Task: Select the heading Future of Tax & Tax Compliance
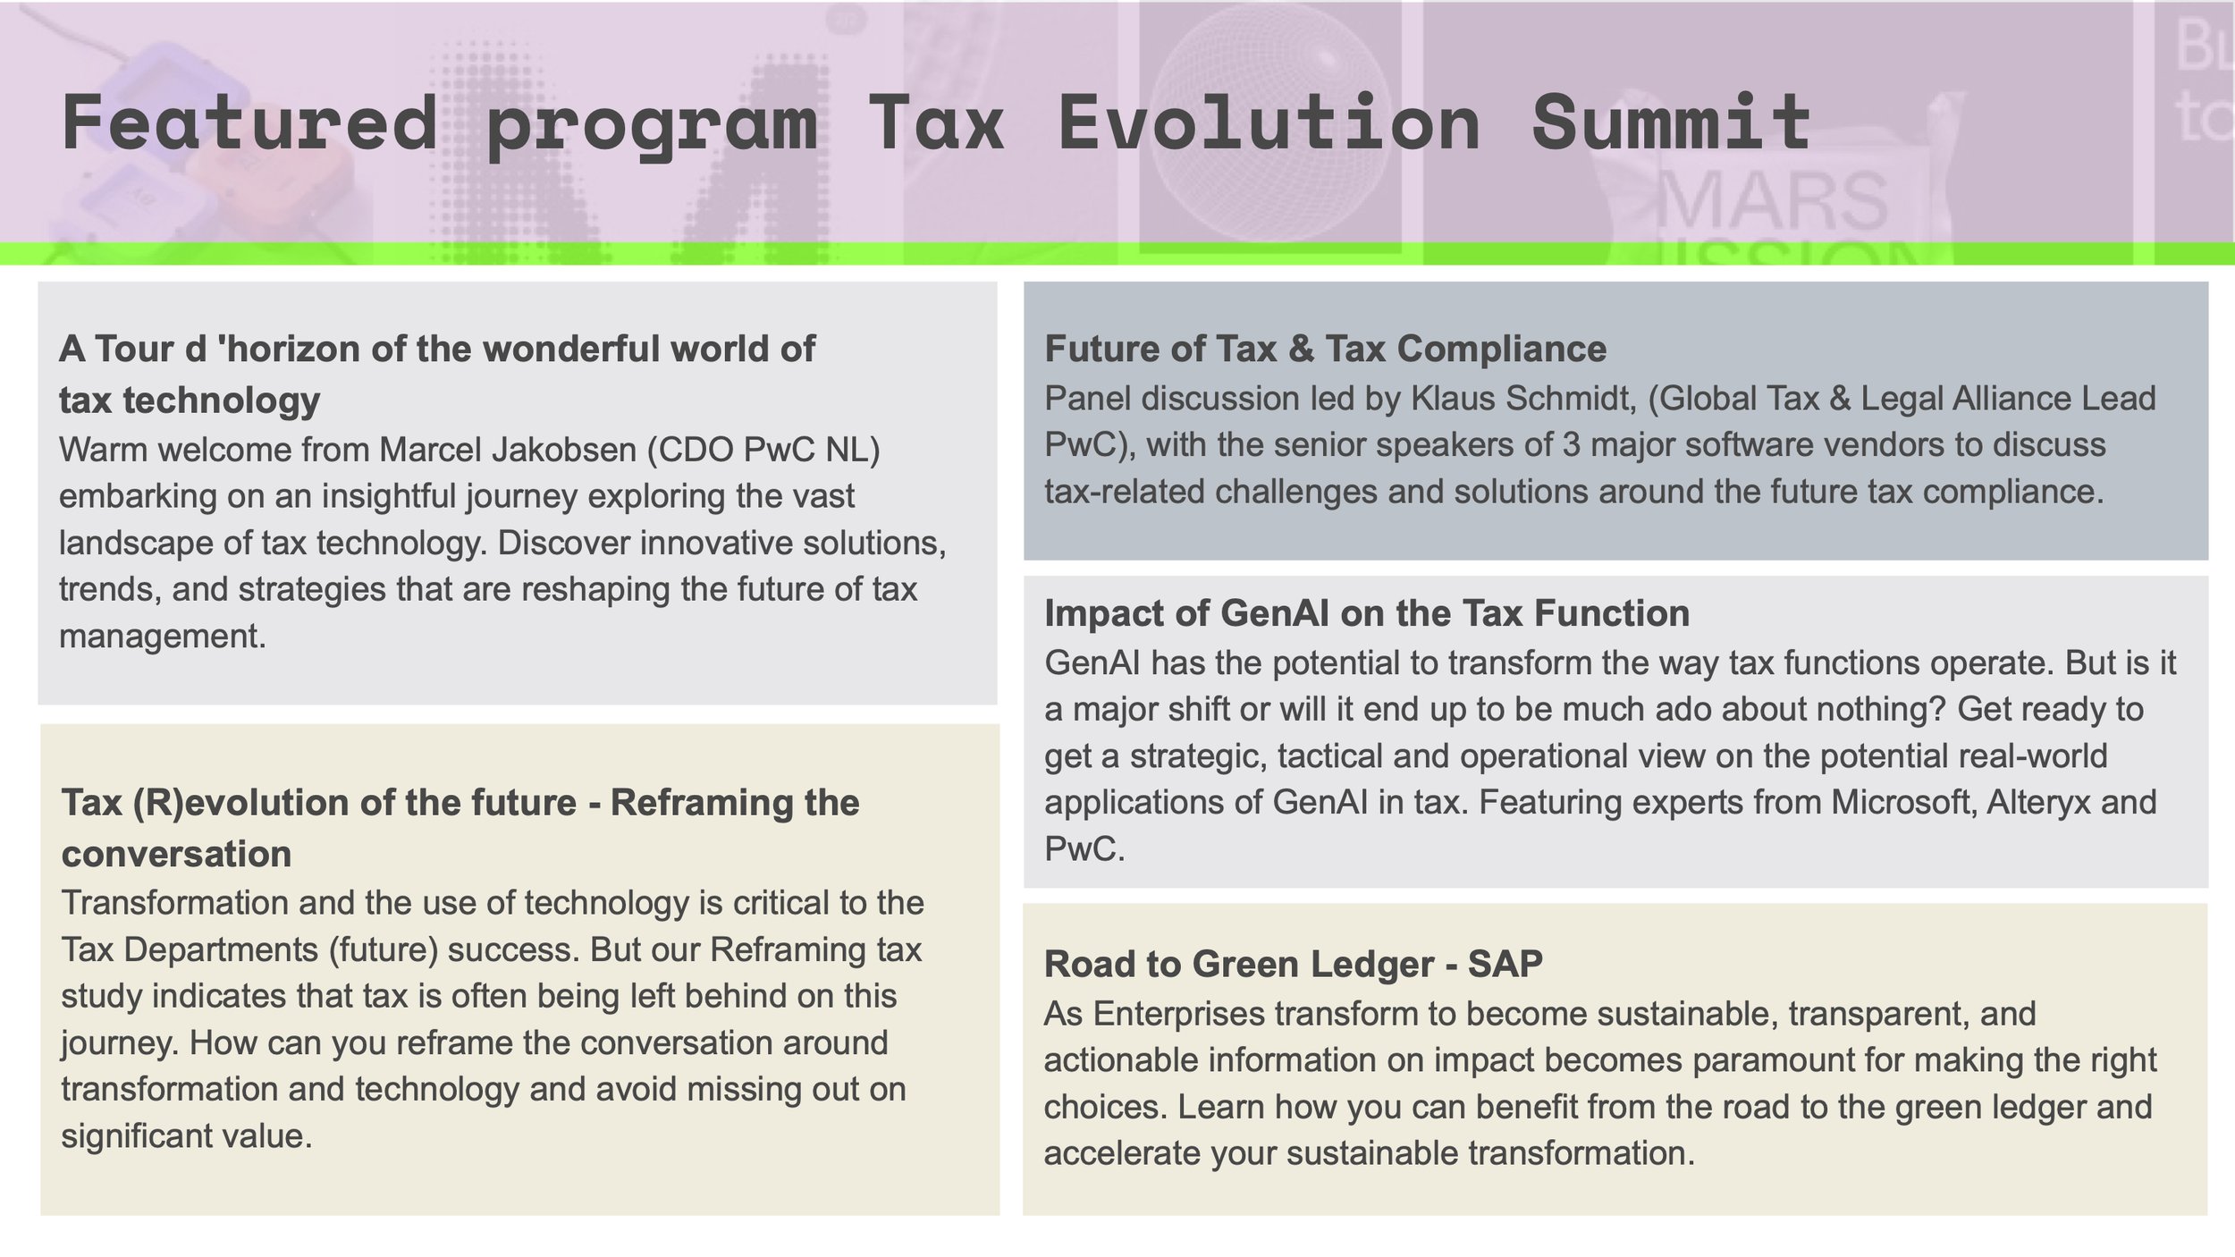coord(1325,349)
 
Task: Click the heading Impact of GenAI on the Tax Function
coord(1366,613)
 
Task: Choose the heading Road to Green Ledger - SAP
coord(1293,964)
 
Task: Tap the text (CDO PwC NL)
coord(763,450)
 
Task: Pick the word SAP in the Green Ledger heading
coord(1505,964)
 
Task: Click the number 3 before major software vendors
coord(1571,445)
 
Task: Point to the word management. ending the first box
coord(163,637)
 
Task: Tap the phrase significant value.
coord(186,1136)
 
